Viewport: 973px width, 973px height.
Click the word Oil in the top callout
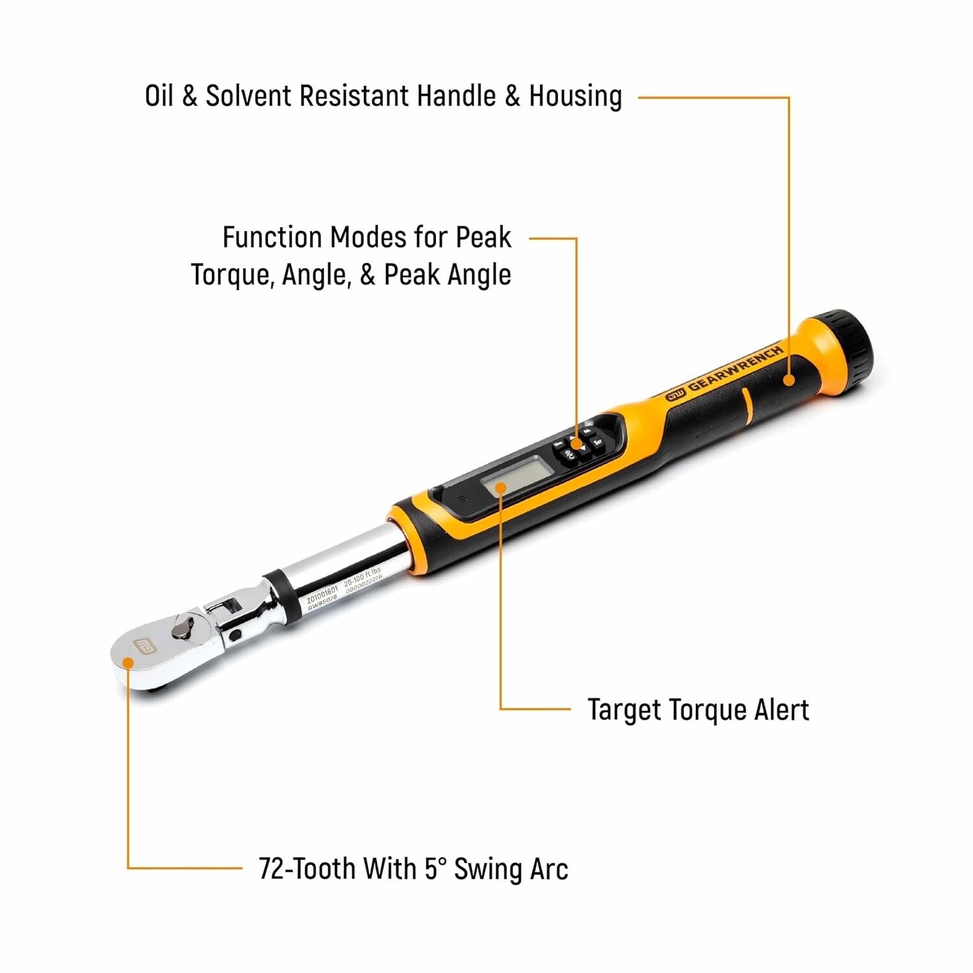click(159, 96)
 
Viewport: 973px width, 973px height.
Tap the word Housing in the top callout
click(575, 96)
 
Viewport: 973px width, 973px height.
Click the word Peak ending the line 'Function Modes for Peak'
click(483, 237)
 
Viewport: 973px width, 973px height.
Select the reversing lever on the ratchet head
click(183, 627)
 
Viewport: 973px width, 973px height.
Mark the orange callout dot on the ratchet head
click(128, 662)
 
